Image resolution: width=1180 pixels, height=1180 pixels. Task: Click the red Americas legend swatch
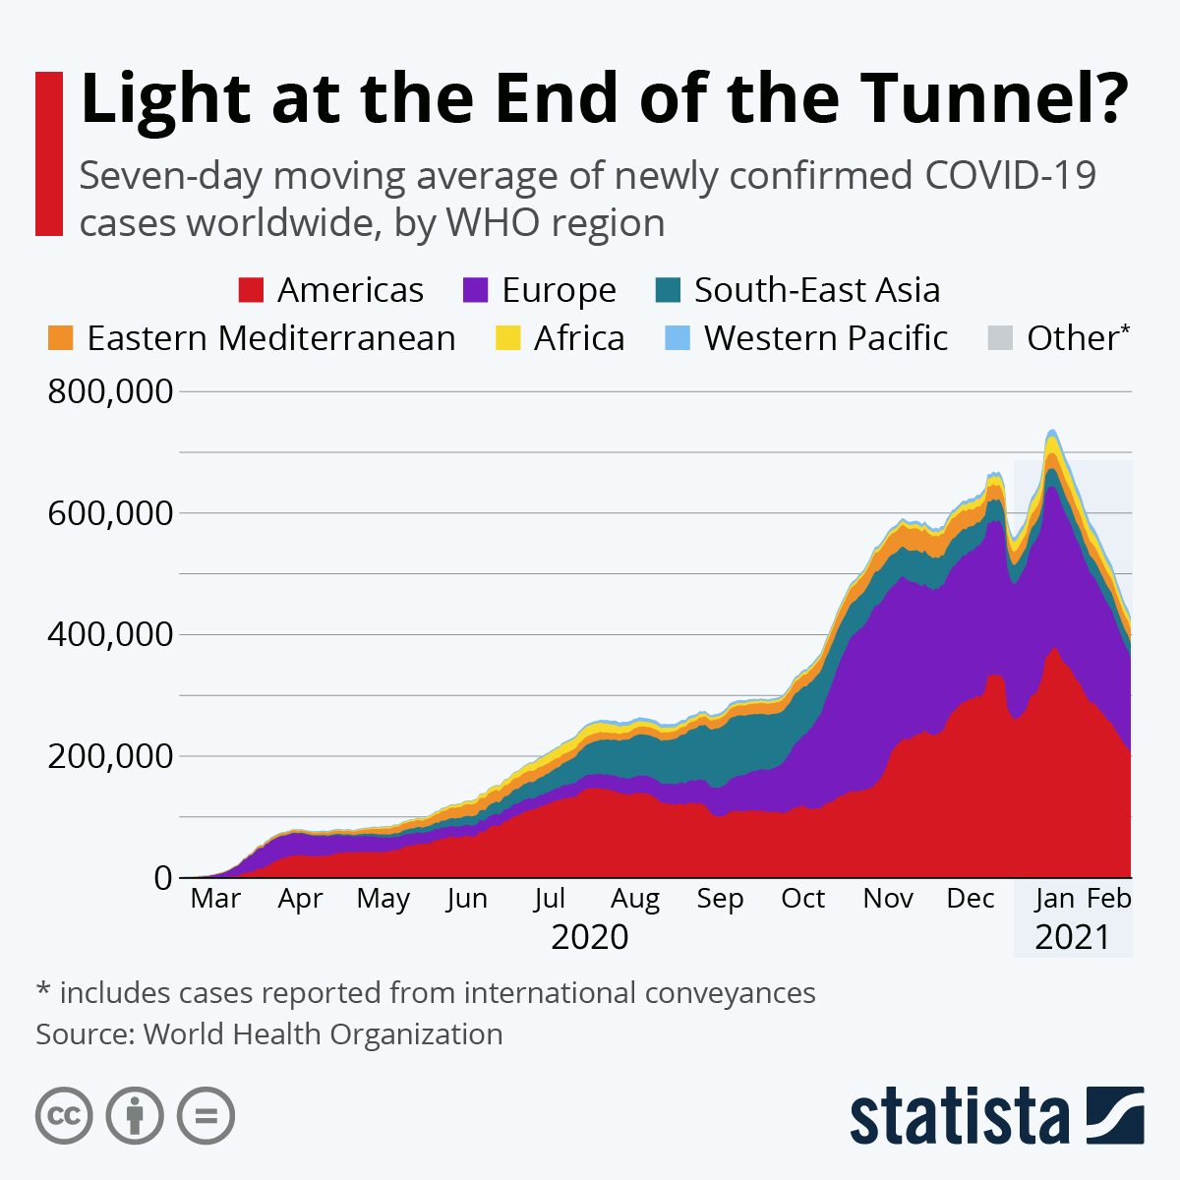point(251,290)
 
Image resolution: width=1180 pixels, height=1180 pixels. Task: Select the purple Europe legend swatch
point(475,290)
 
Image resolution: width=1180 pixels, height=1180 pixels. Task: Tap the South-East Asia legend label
point(816,290)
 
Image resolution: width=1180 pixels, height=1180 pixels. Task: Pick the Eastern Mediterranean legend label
point(270,338)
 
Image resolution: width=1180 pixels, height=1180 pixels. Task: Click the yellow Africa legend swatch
point(507,338)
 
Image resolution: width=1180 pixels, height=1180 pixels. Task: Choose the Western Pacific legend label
point(825,338)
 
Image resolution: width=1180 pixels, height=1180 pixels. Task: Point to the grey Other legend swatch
point(999,338)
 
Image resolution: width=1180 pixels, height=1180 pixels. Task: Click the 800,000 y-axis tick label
point(110,392)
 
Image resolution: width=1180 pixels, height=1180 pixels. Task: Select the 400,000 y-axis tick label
point(110,635)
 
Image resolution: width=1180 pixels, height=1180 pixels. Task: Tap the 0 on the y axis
point(163,878)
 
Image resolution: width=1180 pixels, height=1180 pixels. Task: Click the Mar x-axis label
point(215,899)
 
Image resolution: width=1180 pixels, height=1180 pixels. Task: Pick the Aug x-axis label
point(635,899)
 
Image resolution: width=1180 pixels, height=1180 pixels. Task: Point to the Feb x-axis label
point(1109,899)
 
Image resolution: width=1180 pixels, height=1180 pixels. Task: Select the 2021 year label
point(1072,937)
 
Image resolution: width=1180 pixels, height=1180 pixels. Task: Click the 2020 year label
point(589,937)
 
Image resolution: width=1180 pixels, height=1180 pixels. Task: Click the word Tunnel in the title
point(993,98)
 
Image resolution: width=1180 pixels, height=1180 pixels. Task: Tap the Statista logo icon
point(1115,1115)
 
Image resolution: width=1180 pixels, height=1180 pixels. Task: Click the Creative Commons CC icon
point(64,1116)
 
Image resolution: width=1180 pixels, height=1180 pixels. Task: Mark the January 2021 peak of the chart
point(1052,431)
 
